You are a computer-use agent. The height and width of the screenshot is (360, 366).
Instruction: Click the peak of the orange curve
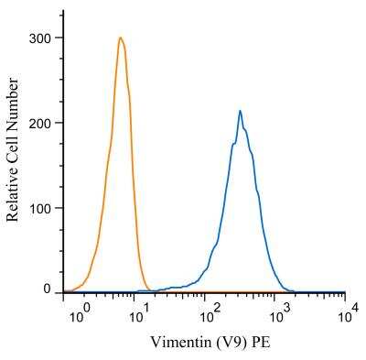coord(121,38)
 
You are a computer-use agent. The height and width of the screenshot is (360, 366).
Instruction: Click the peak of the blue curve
coord(240,111)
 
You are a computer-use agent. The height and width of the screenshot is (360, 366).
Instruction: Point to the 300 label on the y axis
coord(39,38)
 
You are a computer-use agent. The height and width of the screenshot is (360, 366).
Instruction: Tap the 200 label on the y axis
coord(39,123)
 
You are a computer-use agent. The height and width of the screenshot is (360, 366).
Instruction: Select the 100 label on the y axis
coord(39,208)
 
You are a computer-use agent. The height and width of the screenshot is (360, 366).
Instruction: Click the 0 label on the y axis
coord(47,289)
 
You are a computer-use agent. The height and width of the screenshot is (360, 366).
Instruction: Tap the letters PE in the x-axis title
coord(261,342)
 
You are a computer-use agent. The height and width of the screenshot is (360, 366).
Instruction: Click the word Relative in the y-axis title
coord(13,196)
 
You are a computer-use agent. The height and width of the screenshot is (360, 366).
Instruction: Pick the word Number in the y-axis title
coord(13,107)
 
